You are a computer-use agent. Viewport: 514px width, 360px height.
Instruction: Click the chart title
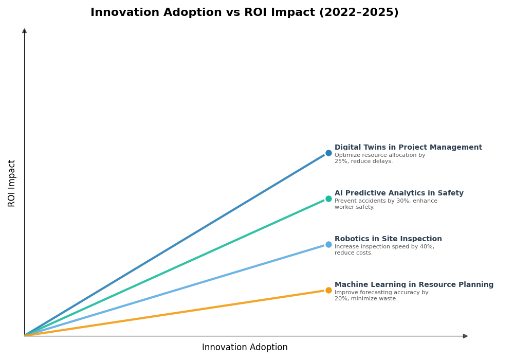pos(244,13)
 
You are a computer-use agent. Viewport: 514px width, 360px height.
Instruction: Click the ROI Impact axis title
pos(12,183)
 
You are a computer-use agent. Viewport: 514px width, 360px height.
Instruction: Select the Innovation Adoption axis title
pos(245,348)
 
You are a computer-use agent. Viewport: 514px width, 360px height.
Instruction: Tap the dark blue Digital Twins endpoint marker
pos(328,153)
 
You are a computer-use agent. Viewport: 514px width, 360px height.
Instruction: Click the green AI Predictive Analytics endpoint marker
pos(328,199)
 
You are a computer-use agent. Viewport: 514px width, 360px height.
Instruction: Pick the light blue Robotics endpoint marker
pos(328,244)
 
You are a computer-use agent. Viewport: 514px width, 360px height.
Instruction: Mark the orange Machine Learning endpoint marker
pos(328,290)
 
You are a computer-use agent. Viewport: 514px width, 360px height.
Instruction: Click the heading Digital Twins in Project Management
pos(408,148)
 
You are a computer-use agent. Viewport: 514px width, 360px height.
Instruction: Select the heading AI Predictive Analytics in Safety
pos(399,193)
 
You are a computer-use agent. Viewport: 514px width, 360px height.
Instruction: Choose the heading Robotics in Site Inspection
pos(388,239)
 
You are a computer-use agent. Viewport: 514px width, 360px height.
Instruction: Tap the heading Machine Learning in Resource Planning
pos(414,285)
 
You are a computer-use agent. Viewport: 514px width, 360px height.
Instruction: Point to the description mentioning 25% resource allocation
pos(379,158)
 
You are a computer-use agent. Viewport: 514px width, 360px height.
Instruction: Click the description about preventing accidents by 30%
pos(385,204)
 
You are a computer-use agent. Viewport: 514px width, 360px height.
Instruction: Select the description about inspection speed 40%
pos(384,250)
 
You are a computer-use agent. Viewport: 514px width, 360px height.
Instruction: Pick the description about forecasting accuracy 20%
pos(381,296)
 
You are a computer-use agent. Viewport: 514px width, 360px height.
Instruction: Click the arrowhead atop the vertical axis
pos(24,31)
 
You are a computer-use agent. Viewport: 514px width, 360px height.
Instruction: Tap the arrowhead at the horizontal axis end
pos(465,336)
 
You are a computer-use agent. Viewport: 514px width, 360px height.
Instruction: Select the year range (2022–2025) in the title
pos(359,13)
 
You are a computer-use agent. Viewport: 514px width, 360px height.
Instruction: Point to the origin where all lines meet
pos(25,335)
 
